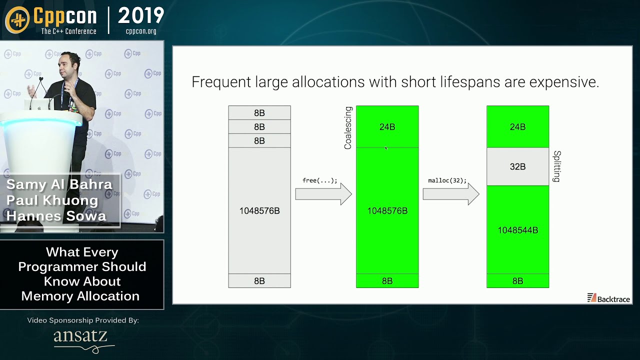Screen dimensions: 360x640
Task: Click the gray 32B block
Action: (517, 166)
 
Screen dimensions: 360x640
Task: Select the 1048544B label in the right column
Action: (517, 230)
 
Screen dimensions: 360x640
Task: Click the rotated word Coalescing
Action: (348, 127)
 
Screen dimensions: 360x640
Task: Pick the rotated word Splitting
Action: (557, 166)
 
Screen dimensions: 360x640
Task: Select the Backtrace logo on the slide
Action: (608, 298)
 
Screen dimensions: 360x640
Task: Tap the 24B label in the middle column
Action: (387, 127)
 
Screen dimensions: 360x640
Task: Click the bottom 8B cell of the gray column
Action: (259, 281)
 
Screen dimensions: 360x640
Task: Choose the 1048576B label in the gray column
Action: (259, 211)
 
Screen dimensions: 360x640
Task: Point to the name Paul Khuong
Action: (52, 200)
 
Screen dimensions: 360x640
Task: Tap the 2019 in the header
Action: (141, 16)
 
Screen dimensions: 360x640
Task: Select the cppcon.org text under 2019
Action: (141, 31)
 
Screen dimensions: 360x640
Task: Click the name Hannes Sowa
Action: (56, 216)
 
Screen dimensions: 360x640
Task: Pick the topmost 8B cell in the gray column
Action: (259, 113)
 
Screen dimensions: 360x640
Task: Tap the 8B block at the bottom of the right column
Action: (517, 281)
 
